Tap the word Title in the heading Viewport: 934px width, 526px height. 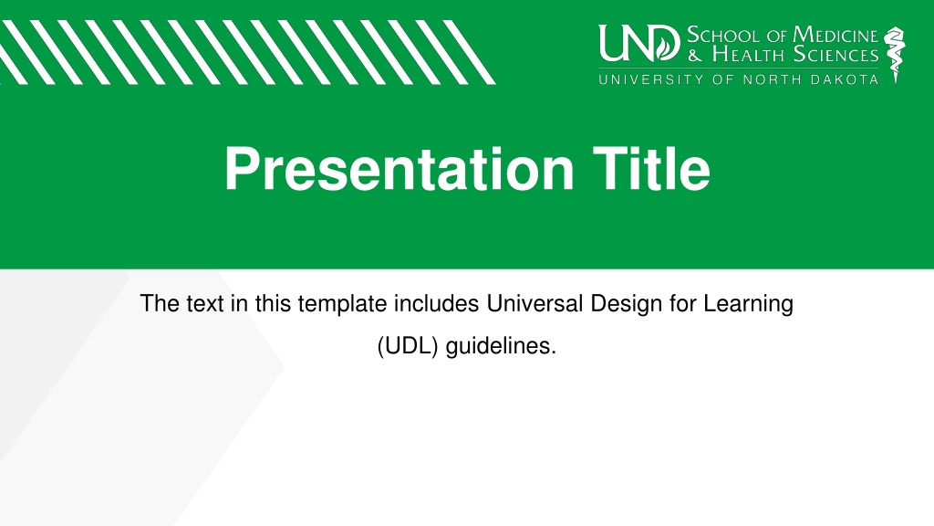click(x=651, y=169)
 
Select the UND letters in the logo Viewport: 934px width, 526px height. click(x=638, y=43)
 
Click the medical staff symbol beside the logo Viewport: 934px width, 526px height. click(x=894, y=54)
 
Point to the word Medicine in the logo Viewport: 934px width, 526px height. click(x=835, y=36)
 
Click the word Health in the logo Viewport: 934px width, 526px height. click(x=748, y=55)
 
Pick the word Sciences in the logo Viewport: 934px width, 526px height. click(x=836, y=55)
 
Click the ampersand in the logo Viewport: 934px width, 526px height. click(x=695, y=56)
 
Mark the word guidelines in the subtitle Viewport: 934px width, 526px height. click(x=501, y=346)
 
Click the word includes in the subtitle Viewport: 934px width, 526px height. click(x=437, y=303)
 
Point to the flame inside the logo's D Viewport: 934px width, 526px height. click(x=665, y=45)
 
